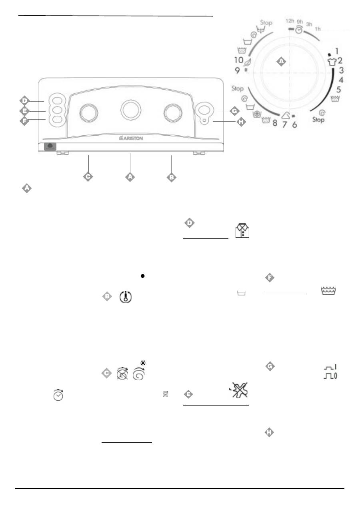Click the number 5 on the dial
pos(338,89)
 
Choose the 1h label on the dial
pos(318,29)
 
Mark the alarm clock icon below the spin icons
pos(58,395)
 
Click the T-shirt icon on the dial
pos(330,61)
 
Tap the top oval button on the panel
pos(57,100)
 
